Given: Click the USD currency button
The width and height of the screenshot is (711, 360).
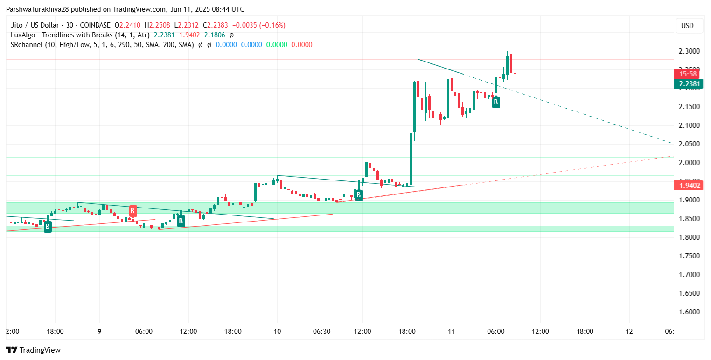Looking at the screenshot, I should click(687, 26).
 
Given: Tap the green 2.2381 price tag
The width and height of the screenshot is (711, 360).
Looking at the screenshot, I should click(689, 84).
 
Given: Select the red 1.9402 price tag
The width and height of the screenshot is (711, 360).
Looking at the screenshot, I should click(689, 186).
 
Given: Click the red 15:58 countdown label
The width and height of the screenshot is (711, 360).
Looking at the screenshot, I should click(689, 74).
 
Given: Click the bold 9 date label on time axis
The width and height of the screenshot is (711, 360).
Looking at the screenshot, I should click(99, 332).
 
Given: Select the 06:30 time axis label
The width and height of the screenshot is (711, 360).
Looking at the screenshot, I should click(321, 332).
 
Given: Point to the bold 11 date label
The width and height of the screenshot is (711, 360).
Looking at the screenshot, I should click(451, 332).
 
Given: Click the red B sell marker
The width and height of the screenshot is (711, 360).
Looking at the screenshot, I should click(133, 211).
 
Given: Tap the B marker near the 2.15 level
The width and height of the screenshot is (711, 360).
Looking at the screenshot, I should click(496, 102).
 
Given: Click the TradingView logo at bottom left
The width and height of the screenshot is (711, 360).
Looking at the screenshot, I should click(33, 350).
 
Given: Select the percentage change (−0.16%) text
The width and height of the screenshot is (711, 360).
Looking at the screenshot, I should click(269, 25).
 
